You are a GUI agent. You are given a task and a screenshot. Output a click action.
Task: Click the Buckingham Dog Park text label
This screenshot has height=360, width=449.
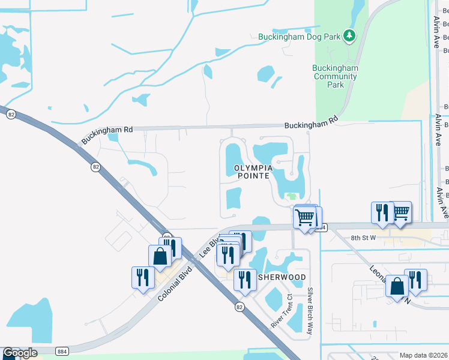tap(299, 37)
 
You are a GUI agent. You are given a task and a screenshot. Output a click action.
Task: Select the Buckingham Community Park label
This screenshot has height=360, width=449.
tap(336, 76)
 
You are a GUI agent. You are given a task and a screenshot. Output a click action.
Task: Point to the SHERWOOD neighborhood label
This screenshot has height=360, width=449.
tap(282, 277)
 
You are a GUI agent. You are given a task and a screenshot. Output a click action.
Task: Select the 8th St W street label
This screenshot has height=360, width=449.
tap(364, 238)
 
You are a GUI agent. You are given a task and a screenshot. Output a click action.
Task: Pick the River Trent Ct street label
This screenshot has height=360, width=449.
tap(280, 310)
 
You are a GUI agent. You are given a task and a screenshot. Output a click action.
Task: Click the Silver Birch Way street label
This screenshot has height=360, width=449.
tap(310, 311)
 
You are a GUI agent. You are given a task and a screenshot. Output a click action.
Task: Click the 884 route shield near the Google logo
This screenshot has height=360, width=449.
tap(61, 350)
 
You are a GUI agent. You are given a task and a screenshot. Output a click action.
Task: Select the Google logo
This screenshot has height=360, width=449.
tap(20, 353)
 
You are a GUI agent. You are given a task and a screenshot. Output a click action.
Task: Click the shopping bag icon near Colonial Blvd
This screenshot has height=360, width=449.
tap(160, 256)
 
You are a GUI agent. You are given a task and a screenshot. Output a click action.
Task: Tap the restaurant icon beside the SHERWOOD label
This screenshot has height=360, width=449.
tap(244, 280)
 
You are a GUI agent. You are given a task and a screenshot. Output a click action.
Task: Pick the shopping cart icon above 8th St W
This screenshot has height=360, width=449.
tap(400, 211)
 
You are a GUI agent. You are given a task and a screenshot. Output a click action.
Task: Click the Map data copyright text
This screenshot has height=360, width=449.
tap(423, 355)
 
